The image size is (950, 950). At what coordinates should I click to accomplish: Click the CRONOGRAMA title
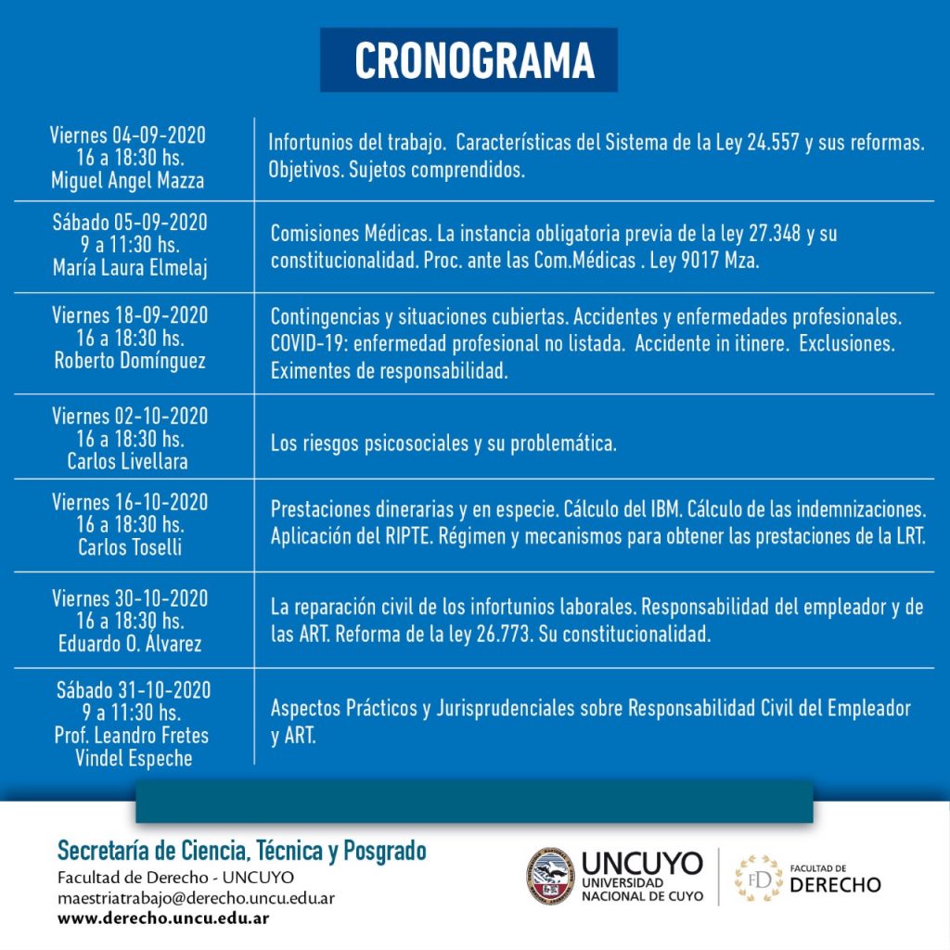473,61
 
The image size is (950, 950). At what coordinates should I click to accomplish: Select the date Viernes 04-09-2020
128,135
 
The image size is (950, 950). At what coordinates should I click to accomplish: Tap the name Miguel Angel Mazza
128,181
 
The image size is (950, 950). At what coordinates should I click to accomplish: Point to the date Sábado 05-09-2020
130,224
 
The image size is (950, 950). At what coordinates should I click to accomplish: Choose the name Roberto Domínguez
129,360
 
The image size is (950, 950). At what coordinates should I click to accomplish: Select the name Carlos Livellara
129,461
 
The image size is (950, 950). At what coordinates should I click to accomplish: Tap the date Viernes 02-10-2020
130,417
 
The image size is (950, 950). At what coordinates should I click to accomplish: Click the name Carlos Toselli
130,547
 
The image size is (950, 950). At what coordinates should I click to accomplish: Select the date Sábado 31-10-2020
134,691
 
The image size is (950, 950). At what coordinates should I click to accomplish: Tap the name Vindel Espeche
135,758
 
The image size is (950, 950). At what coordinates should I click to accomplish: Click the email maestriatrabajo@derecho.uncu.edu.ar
196,898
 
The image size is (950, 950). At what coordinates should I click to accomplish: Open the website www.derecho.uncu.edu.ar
163,918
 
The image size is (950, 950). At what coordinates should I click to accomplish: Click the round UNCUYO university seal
551,876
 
